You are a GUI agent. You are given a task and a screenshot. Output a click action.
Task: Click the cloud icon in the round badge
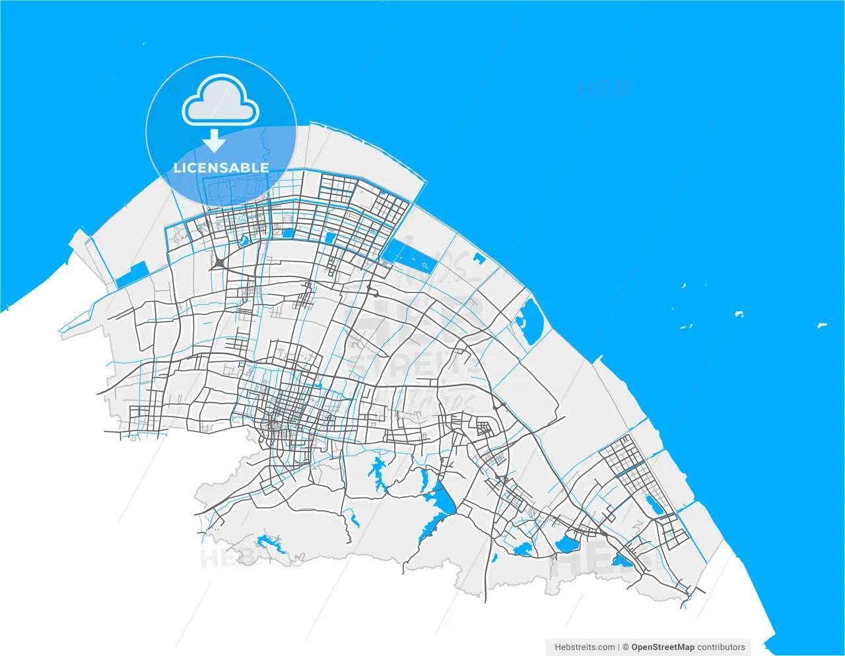tap(220, 100)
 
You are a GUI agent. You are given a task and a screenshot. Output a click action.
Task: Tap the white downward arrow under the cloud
tap(214, 141)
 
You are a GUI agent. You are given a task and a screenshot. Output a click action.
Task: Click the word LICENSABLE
tap(221, 168)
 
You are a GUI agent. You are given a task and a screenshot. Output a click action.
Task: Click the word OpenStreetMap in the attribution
tap(663, 647)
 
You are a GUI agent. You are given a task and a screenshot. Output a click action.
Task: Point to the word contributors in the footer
tap(721, 647)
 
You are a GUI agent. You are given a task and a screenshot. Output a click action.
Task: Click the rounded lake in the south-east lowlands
tap(566, 545)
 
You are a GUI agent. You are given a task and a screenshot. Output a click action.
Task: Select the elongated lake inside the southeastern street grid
tap(655, 506)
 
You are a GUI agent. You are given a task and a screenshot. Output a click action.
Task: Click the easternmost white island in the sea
tap(823, 325)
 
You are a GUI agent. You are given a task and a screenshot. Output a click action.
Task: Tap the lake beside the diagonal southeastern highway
tap(621, 560)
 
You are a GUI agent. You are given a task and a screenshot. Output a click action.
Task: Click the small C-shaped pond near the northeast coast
tap(478, 258)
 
